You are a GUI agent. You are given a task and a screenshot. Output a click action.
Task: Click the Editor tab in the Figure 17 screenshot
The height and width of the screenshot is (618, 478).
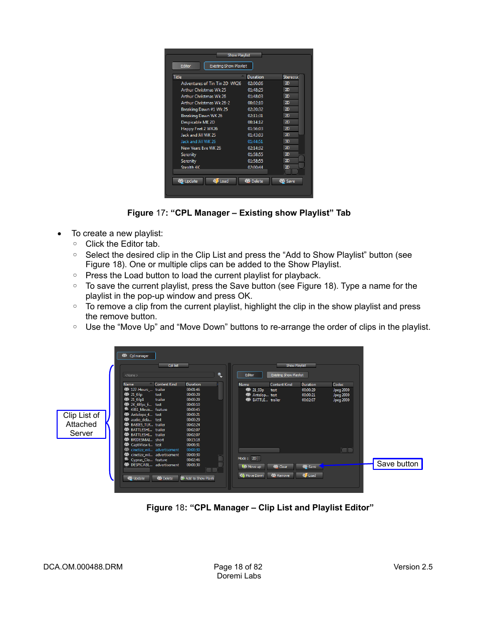tap(185, 66)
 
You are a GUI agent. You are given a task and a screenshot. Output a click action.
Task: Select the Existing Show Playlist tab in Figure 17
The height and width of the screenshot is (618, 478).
tap(228, 66)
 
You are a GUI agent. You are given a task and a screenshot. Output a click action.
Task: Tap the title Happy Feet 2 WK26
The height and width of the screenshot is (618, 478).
tap(199, 129)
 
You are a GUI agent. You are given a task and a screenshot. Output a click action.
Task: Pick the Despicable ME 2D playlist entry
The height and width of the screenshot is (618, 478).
tap(197, 122)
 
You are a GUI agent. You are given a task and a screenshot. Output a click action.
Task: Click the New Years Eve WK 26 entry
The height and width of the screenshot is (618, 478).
tap(200, 148)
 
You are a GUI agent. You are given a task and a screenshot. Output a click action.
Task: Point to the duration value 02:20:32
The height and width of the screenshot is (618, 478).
tap(255, 109)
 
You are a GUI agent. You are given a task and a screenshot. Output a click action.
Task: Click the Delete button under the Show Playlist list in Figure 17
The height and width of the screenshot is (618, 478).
tap(254, 181)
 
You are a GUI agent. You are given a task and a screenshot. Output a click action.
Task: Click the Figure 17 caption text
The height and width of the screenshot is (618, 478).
tap(238, 213)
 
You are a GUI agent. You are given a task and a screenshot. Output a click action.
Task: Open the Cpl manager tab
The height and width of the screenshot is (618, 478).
tap(136, 356)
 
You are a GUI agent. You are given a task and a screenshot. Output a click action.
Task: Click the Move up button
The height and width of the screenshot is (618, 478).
tap(252, 466)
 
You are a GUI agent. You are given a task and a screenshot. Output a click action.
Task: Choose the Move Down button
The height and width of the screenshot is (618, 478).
tap(252, 475)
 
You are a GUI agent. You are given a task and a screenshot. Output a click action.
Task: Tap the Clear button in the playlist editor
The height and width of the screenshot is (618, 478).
tap(280, 466)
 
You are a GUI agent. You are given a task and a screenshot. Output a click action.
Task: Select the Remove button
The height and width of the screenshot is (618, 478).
tap(280, 475)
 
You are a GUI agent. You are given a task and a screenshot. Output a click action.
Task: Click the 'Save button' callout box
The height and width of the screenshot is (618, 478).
tap(397, 464)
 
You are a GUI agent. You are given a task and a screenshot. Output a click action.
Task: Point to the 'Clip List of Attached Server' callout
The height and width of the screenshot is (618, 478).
tap(81, 424)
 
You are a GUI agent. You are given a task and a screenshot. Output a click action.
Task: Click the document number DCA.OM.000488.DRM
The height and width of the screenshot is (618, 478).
tap(83, 567)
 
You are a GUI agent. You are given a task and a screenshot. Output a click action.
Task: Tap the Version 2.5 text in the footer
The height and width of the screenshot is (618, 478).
tap(413, 567)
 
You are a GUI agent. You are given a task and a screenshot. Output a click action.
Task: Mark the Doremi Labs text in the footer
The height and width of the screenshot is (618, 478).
tap(239, 576)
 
